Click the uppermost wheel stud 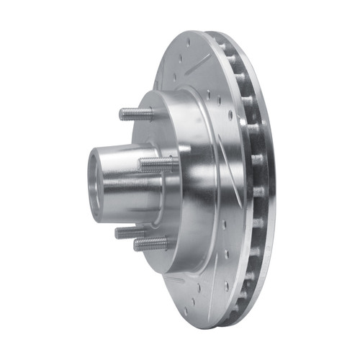tap(137, 113)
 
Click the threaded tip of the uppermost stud tap(122, 113)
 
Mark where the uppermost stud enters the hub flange tap(152, 113)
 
